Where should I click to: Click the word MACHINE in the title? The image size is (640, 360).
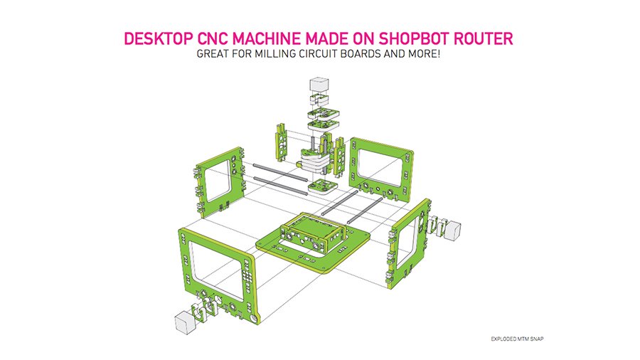point(267,39)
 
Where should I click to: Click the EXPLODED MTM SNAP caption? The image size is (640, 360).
point(517,339)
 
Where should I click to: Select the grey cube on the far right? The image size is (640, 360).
point(452,231)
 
